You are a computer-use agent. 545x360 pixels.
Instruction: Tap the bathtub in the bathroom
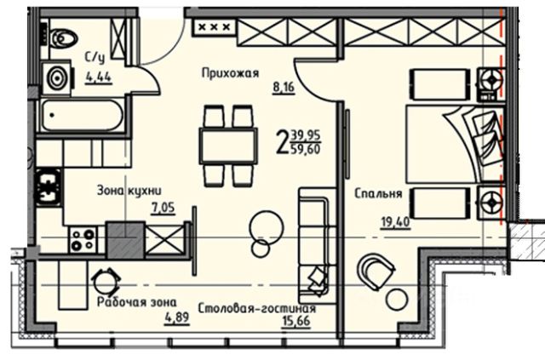coord(82,116)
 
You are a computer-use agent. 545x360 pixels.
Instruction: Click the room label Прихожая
coord(231,73)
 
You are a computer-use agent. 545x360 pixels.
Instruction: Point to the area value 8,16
coord(284,87)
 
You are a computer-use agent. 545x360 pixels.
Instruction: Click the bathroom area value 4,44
coord(99,77)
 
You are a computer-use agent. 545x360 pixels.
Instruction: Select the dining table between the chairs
coord(228,146)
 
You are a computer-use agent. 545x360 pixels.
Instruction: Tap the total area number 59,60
coord(307,150)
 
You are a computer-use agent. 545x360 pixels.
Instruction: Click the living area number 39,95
coord(307,134)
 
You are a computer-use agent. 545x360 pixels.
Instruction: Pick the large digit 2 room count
coord(282,142)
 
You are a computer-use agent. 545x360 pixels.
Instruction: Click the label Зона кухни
coord(129,191)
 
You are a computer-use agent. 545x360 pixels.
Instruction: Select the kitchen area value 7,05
coord(163,208)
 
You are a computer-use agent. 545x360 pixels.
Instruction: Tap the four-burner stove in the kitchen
coord(83,239)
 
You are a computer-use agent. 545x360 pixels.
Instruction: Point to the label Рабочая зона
coord(136,302)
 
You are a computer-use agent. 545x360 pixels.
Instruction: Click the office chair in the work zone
coord(106,282)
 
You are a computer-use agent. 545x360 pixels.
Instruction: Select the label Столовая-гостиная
coord(257,308)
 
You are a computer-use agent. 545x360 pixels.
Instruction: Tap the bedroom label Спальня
coord(378,193)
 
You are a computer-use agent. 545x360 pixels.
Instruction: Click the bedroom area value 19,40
coord(395,221)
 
